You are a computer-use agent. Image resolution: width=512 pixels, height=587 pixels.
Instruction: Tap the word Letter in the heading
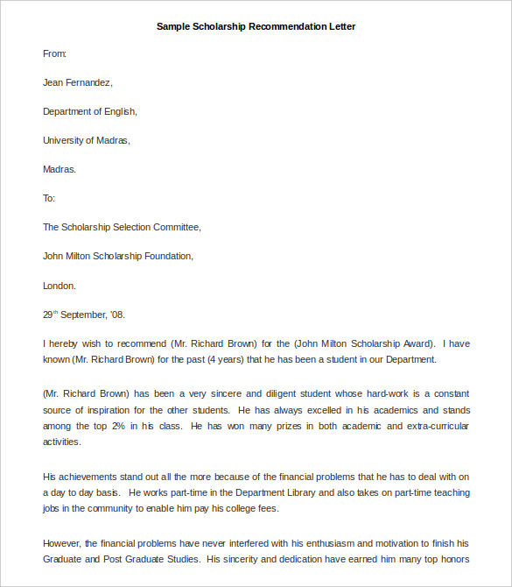pyautogui.click(x=341, y=26)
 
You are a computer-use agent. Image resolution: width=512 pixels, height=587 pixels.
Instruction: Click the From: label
pyautogui.click(x=54, y=54)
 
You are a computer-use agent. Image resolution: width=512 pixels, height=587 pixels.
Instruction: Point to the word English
pyautogui.click(x=118, y=112)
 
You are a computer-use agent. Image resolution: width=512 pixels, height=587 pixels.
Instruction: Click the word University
pyautogui.click(x=65, y=141)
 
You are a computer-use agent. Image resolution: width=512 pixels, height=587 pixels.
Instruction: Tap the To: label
pyautogui.click(x=49, y=199)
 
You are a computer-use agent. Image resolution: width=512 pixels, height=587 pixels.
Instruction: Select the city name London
pyautogui.click(x=59, y=286)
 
